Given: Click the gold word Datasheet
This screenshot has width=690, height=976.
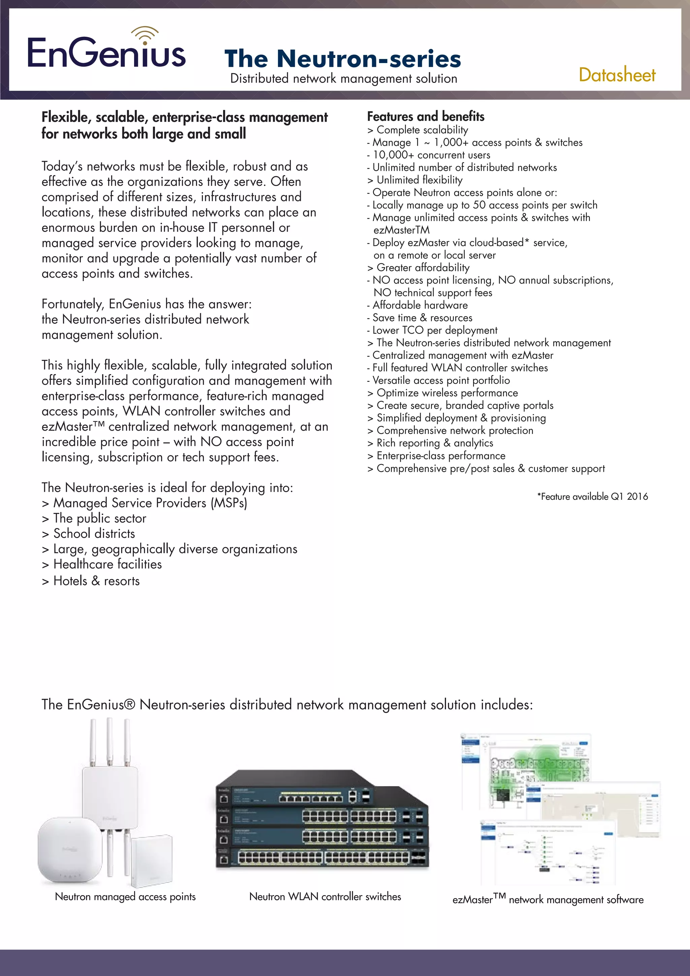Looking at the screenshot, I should pos(617,75).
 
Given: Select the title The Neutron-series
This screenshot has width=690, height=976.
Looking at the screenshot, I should pos(342,59).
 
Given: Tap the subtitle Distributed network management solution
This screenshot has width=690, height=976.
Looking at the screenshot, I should pos(343,79).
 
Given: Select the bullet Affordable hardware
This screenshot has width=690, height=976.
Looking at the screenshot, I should pos(420,305).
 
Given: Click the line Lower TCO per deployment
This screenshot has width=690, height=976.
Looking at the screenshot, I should pos(434,330).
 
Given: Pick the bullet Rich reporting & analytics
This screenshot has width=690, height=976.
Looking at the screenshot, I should pos(434,443).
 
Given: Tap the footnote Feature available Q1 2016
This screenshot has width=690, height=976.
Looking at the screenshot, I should pos(592,496).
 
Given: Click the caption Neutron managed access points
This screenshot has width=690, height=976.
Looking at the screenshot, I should pos(125,896).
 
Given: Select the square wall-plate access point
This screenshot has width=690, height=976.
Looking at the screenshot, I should pos(152,859).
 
